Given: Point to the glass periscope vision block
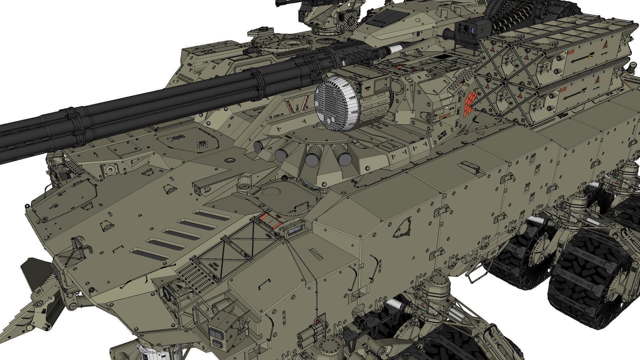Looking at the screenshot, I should tap(295, 229).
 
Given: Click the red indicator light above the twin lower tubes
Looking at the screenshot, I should tap(317, 322).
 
